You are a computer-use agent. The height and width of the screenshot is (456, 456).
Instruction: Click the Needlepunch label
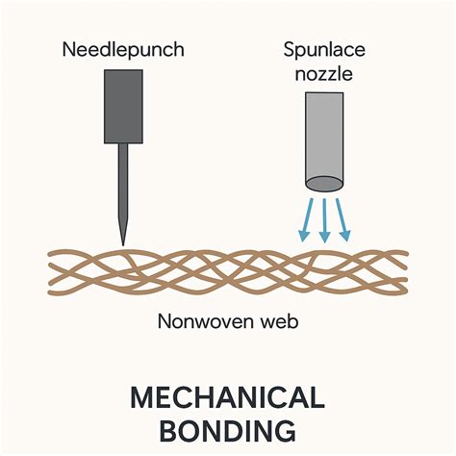(122, 48)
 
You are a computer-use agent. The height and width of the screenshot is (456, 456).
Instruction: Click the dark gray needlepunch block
(122, 109)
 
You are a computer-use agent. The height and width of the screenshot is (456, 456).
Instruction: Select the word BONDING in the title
(228, 429)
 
